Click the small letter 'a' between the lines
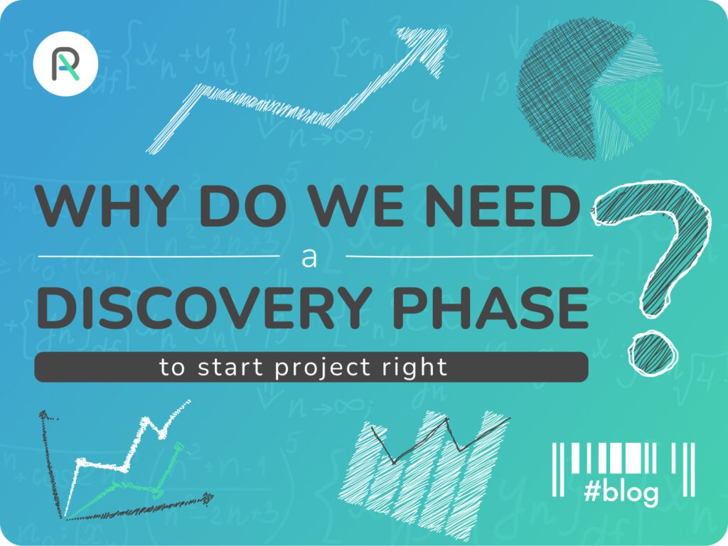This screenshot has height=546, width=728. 309,257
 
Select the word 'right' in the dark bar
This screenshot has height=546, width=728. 420,368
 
